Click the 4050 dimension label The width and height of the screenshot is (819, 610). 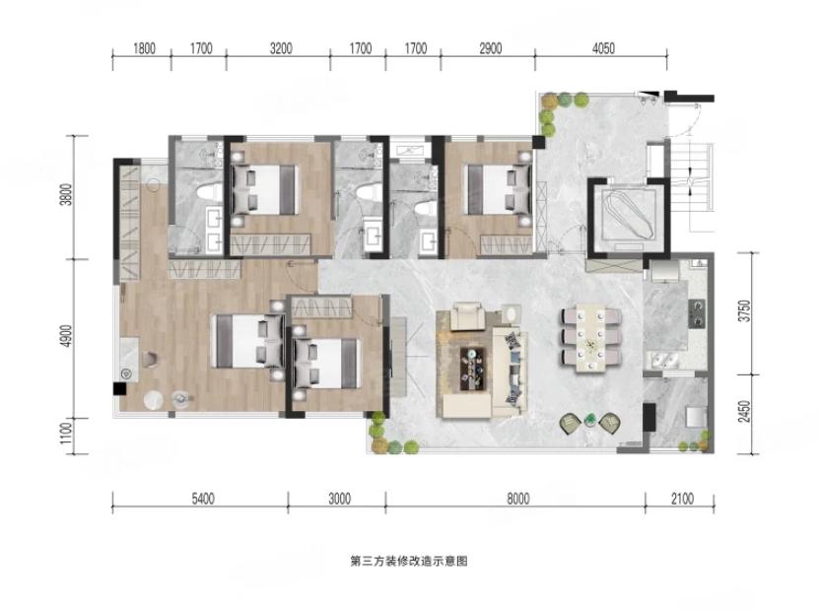coord(603,48)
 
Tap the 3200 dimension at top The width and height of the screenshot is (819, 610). coord(281,48)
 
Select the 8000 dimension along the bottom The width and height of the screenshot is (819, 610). coord(517,499)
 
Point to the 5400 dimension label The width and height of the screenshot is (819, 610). coord(203,499)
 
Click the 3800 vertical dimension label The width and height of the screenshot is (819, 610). coord(66,194)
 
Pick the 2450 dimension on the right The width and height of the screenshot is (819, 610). coord(745,412)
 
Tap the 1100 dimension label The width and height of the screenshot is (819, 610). coord(66,433)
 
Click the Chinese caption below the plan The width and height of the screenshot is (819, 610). coord(408,562)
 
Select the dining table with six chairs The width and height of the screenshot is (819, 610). coord(591,337)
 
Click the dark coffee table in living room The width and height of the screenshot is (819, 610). coord(473,369)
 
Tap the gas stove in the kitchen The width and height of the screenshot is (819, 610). coord(697,313)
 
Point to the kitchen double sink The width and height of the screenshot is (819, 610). coord(663,362)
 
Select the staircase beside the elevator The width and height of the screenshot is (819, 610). coord(691,178)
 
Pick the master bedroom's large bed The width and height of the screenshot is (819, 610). coord(248,341)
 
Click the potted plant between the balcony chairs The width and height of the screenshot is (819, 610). coord(590,420)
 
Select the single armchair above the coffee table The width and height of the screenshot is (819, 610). coord(468,315)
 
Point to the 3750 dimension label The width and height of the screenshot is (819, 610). coord(745,310)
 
